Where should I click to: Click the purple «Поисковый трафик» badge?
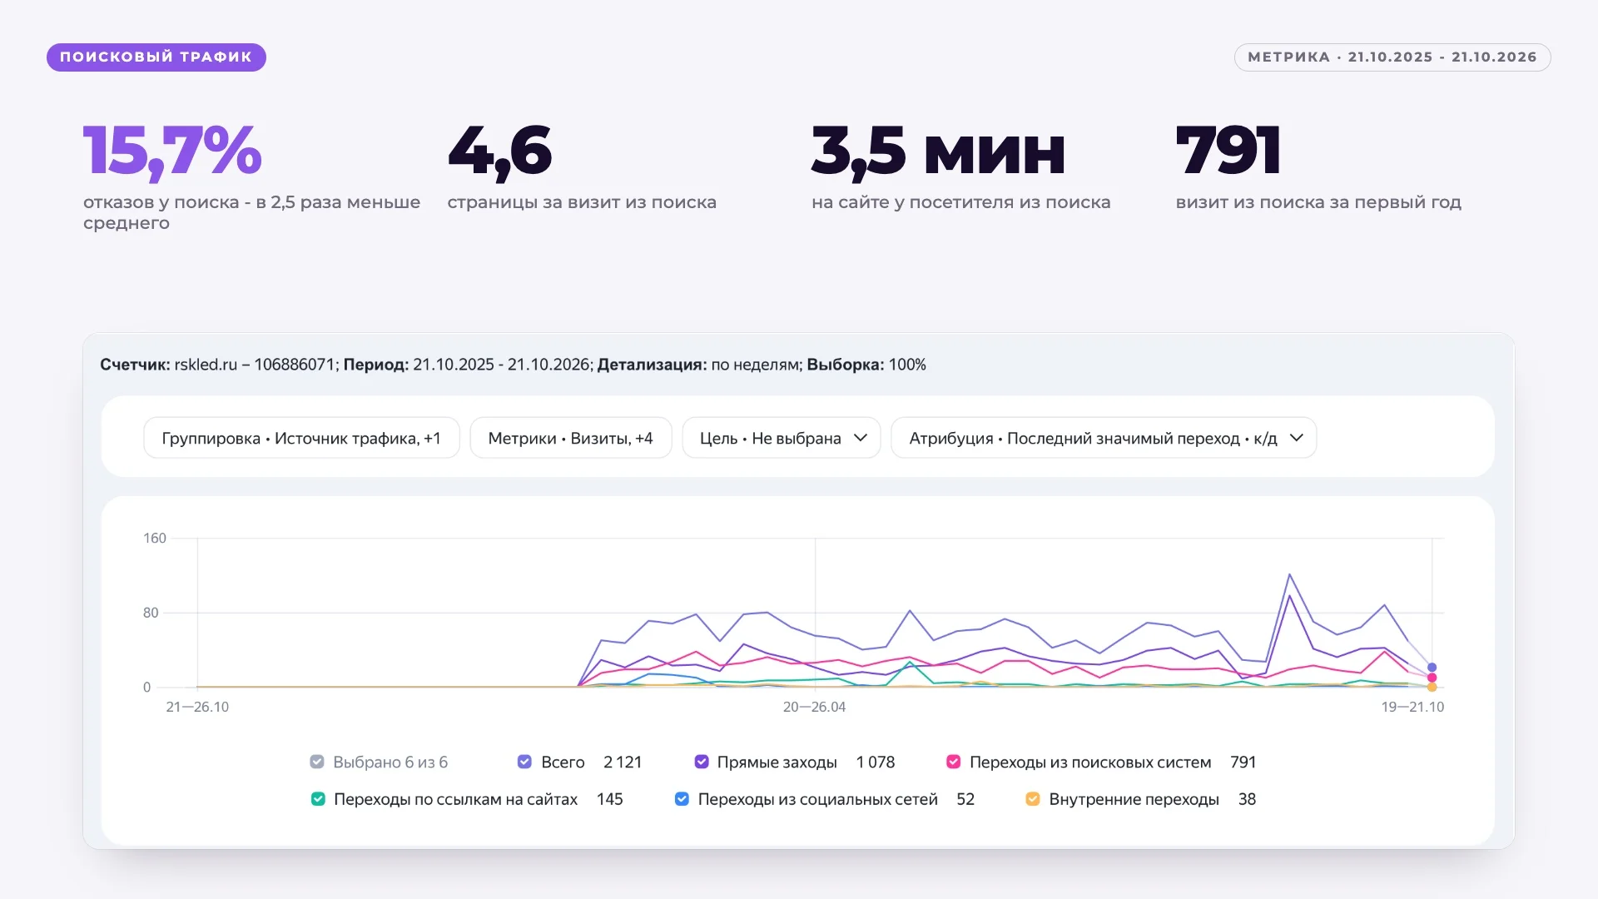[x=156, y=57]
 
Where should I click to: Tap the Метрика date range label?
[x=1392, y=57]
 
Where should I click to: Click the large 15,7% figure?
[x=172, y=152]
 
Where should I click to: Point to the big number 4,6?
[x=499, y=152]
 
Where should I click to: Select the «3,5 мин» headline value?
[x=938, y=152]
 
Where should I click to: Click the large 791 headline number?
[x=1228, y=151]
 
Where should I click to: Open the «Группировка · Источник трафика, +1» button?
[x=301, y=438]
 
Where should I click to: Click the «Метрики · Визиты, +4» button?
[x=571, y=438]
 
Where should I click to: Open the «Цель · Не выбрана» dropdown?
[x=782, y=438]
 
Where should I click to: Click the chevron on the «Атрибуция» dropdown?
[x=1296, y=438]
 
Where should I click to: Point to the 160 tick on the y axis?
[x=155, y=539]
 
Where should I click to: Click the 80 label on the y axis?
[x=151, y=613]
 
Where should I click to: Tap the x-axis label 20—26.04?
[x=814, y=707]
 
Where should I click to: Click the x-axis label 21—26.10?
[x=197, y=707]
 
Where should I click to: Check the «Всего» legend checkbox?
[x=524, y=762]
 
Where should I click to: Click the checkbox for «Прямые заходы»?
[x=702, y=762]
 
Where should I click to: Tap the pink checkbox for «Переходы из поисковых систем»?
[x=954, y=762]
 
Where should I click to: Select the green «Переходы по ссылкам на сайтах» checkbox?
[x=318, y=799]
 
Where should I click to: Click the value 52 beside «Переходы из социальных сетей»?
[x=965, y=799]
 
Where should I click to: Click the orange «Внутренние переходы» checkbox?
[x=1033, y=799]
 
